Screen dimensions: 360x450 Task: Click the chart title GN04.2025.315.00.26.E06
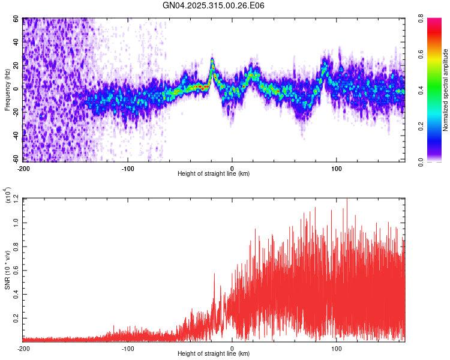coord(214,5)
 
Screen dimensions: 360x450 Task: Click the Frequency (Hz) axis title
coord(8,91)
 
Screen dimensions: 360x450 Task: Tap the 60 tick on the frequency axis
coord(16,19)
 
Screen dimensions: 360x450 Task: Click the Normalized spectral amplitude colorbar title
coord(446,91)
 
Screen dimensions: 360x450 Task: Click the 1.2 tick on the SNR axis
coord(16,199)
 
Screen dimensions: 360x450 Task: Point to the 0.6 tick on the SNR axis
coord(16,270)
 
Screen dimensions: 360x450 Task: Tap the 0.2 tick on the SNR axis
coord(16,318)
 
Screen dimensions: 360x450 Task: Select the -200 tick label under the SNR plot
coord(23,348)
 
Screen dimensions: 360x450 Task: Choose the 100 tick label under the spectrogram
coord(337,167)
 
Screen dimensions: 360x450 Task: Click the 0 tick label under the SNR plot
coord(232,348)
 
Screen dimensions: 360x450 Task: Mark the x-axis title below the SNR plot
coord(214,355)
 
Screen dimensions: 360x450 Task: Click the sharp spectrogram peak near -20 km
coord(212,60)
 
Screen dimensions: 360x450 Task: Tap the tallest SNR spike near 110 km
coord(347,200)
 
